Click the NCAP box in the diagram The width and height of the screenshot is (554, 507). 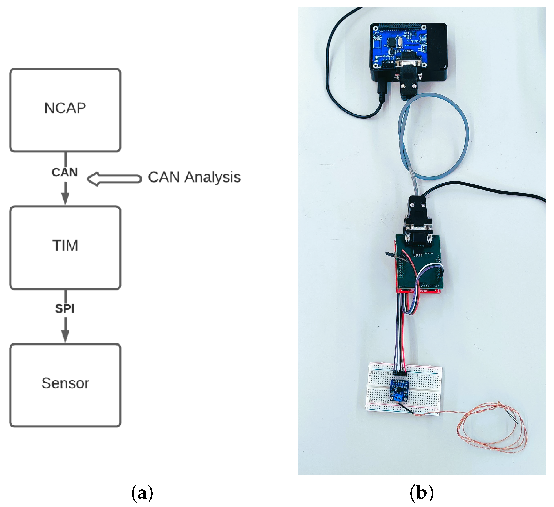coord(65,110)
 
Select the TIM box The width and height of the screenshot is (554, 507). coord(65,248)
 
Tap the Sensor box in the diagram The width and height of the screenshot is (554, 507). coord(65,385)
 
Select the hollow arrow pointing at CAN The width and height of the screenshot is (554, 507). coord(114,179)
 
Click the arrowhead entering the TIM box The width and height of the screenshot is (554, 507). coord(65,199)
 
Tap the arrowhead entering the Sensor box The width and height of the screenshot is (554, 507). coord(65,336)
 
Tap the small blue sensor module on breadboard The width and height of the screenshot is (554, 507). coord(399,390)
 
